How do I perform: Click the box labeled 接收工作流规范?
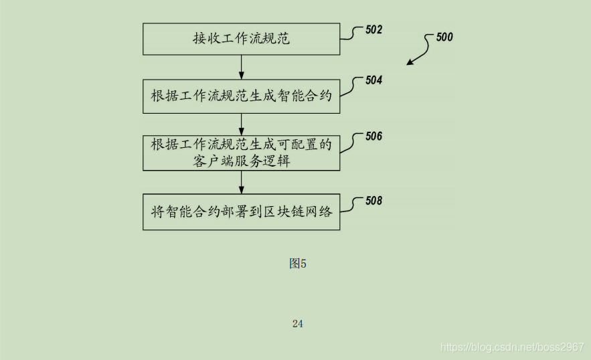click(x=241, y=39)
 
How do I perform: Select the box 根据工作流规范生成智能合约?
click(x=241, y=96)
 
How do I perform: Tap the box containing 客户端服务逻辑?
click(x=241, y=153)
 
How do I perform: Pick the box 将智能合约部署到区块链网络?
click(x=241, y=213)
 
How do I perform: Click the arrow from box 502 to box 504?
click(x=241, y=68)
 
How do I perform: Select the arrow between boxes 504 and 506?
click(x=241, y=124)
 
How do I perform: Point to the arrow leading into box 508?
click(x=241, y=183)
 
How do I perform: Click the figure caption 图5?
click(x=298, y=264)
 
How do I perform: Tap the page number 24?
click(x=298, y=324)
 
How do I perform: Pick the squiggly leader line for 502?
click(x=351, y=34)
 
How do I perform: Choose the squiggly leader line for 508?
click(x=351, y=205)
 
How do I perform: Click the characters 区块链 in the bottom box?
click(x=284, y=213)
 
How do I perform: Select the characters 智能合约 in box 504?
click(x=307, y=96)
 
